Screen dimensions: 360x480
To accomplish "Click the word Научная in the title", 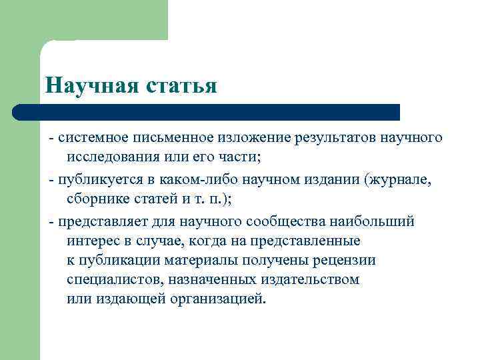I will click(90, 85).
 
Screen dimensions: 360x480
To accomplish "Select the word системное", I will click(89, 138).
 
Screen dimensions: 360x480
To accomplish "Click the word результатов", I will click(329, 138).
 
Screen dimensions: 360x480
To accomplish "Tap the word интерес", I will click(91, 240).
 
